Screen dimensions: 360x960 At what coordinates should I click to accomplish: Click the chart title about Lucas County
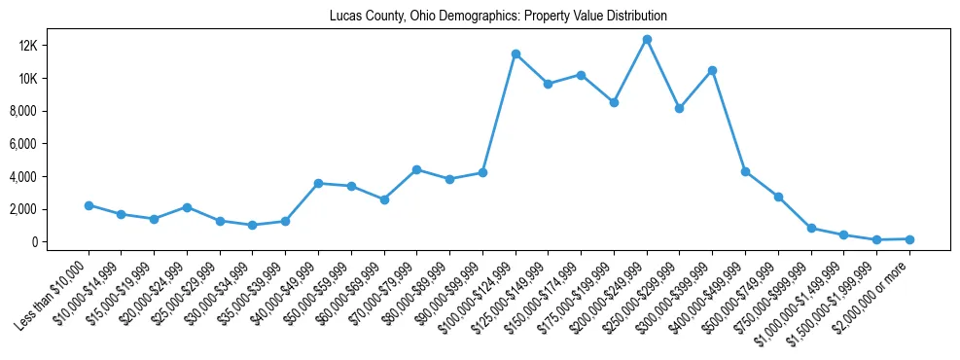498,17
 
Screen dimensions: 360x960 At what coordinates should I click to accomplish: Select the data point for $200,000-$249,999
647,39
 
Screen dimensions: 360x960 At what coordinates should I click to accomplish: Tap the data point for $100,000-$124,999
516,54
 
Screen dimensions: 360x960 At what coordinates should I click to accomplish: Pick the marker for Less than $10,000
89,205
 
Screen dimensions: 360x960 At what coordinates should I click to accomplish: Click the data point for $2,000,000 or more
909,238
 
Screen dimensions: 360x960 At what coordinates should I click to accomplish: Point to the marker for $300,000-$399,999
713,70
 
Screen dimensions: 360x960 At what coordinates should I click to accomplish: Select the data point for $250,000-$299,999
680,108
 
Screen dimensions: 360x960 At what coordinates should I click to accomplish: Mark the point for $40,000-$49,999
318,183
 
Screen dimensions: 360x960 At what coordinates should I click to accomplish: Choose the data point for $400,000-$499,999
745,171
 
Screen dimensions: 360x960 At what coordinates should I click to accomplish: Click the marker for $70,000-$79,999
416,169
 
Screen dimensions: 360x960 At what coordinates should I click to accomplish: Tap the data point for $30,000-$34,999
253,225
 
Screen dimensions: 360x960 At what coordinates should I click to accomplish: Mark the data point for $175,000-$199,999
614,102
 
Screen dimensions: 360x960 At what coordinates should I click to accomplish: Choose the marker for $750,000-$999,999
811,228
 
